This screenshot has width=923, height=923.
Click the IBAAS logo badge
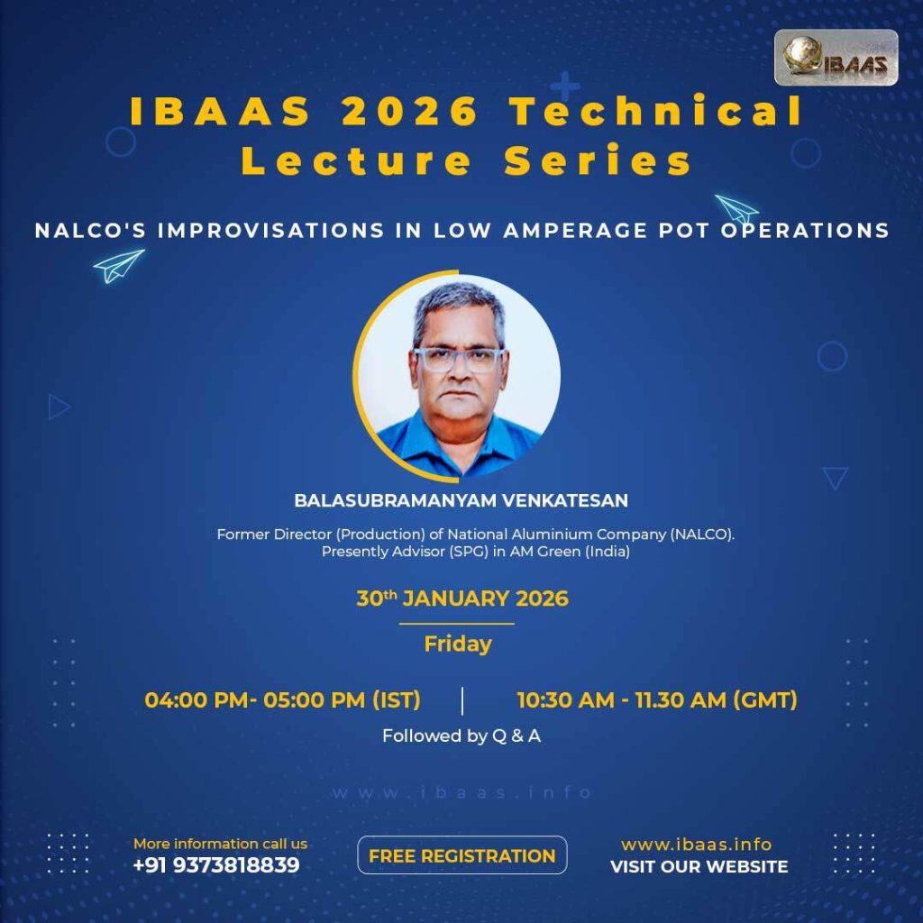[836, 57]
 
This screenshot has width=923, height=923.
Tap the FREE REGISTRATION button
[462, 855]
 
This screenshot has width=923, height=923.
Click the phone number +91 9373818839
[216, 865]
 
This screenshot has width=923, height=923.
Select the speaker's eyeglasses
[459, 360]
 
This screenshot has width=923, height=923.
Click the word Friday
[457, 644]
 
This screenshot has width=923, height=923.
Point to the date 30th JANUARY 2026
[462, 599]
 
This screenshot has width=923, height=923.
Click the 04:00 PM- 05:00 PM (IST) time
[282, 699]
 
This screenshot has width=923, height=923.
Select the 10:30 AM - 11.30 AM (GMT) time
[657, 699]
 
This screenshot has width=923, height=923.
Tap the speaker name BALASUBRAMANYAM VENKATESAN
[461, 500]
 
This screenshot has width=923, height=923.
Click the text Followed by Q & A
[461, 736]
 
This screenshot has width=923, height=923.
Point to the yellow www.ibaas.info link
[697, 845]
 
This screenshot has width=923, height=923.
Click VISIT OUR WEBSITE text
[699, 866]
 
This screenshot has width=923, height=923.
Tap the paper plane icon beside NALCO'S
[118, 266]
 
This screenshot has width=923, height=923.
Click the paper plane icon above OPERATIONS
[736, 209]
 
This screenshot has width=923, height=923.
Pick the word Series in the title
[598, 160]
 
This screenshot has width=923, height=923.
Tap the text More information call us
[220, 844]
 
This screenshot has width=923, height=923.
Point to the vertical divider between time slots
[462, 700]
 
